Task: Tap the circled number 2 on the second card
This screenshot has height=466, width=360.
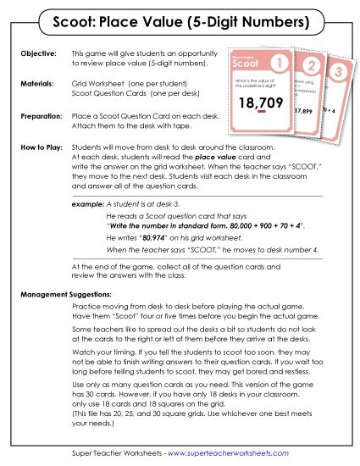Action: point(313,66)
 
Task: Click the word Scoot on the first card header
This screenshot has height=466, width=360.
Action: point(246,64)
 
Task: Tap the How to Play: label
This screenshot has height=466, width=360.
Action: point(42,147)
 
